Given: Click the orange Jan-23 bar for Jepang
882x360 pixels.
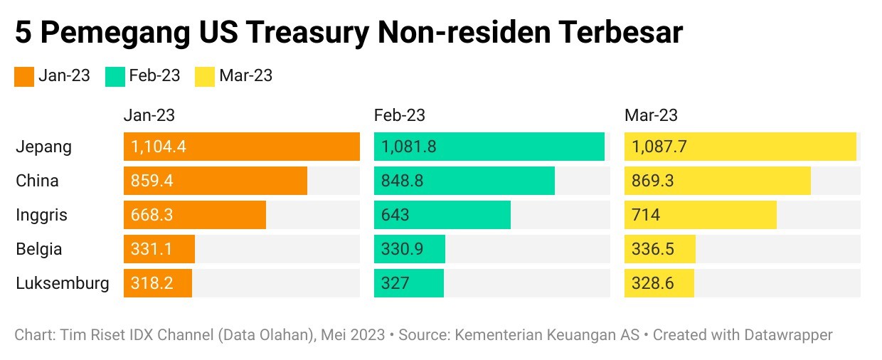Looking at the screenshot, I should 242,147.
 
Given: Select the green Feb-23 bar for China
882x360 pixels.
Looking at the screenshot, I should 464,181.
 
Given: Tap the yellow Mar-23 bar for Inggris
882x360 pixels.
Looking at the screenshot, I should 700,215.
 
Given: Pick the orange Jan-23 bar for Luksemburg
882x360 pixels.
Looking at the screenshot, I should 158,283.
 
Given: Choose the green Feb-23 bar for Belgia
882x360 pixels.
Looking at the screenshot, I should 410,249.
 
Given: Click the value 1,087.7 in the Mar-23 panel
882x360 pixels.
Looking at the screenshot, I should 659,147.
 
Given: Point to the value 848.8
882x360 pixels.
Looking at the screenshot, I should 403,181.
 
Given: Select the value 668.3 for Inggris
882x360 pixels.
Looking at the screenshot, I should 152,215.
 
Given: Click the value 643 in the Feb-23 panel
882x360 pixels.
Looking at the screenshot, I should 395,215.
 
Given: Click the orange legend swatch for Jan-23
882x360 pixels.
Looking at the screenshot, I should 24,76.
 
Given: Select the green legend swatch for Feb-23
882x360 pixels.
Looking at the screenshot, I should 115,76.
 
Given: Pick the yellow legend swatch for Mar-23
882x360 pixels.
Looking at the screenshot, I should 205,76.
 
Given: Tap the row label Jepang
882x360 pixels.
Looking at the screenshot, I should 44,147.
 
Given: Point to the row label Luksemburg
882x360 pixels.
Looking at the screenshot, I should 63,283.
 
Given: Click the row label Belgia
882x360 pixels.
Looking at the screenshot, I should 39,249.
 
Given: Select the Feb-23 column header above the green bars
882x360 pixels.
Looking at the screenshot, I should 400,115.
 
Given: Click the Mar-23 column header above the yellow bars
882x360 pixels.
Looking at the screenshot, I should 651,115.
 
